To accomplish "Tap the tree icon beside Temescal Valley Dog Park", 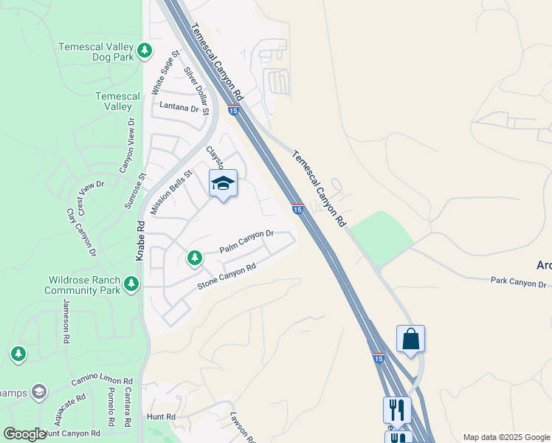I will tap(145, 50).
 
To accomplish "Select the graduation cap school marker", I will tap(223, 184).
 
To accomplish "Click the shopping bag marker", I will tap(410, 340).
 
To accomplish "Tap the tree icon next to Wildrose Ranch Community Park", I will tap(131, 284).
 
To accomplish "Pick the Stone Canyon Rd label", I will tap(227, 276).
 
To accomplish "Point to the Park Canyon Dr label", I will tap(518, 283).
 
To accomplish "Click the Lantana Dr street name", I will tap(180, 108).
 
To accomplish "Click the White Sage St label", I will tap(165, 72).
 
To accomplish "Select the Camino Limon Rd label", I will tap(100, 380).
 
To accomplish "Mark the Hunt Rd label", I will tap(160, 416).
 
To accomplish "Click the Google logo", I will tap(24, 434).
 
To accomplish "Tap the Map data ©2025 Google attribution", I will tap(506, 437).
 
